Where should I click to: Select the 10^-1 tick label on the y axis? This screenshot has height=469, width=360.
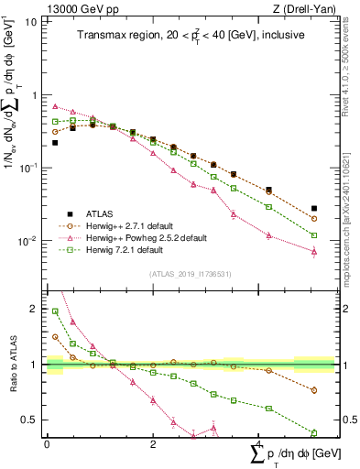coord(29,169)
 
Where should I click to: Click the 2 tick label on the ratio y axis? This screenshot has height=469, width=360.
coord(35,309)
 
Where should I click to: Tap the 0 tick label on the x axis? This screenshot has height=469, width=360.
coord(47,444)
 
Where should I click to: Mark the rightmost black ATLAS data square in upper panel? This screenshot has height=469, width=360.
coord(314,209)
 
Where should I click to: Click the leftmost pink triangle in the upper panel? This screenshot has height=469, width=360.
coord(55,106)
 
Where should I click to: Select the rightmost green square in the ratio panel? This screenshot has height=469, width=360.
coord(314,432)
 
